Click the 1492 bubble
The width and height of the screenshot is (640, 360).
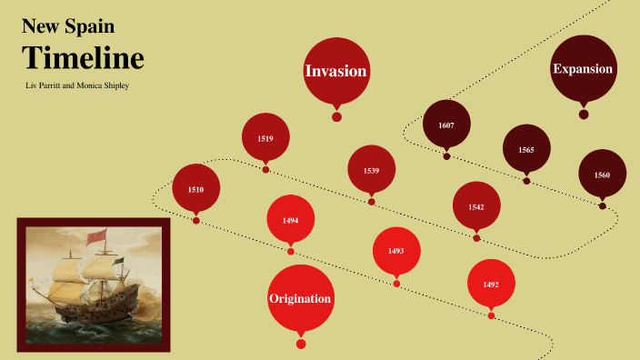pyautogui.click(x=491, y=284)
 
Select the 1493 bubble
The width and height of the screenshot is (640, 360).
pyautogui.click(x=396, y=250)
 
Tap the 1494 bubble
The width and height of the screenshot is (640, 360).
pyautogui.click(x=290, y=220)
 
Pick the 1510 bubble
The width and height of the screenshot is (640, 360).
pyautogui.click(x=196, y=188)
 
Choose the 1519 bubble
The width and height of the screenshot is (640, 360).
pyautogui.click(x=265, y=138)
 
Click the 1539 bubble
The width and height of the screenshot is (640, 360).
pyautogui.click(x=371, y=170)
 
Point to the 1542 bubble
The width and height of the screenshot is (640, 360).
pyautogui.click(x=476, y=206)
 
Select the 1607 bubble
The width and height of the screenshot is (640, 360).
pyautogui.click(x=446, y=125)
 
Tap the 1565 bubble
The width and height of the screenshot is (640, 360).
pyautogui.click(x=526, y=149)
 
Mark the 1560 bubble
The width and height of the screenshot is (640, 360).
pyautogui.click(x=602, y=174)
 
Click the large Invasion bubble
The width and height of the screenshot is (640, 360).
pyautogui.click(x=336, y=70)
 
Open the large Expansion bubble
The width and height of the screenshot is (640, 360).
pyautogui.click(x=583, y=68)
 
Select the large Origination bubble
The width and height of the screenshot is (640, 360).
pyautogui.click(x=300, y=297)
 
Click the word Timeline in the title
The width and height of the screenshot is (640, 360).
pyautogui.click(x=83, y=58)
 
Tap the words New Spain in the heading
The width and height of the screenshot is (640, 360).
pyautogui.click(x=68, y=27)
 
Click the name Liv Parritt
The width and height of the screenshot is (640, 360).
pyautogui.click(x=53, y=85)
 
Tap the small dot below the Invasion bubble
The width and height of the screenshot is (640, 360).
pyautogui.click(x=336, y=116)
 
